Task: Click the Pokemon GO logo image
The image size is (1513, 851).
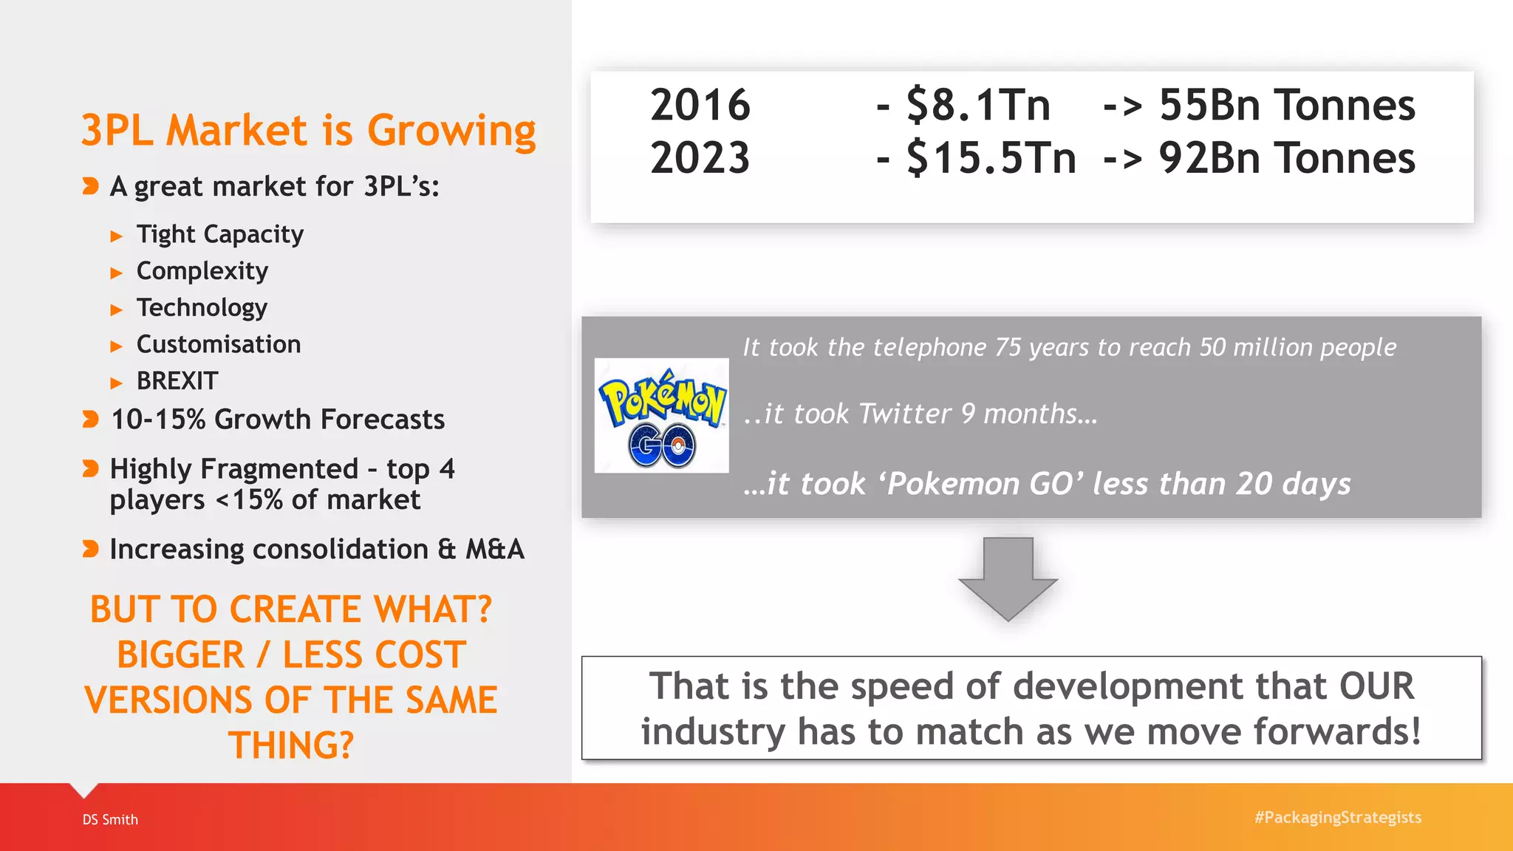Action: (661, 415)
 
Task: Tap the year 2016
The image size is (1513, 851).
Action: (700, 105)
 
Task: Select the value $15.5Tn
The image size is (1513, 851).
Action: (991, 158)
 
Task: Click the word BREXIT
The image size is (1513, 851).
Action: (177, 381)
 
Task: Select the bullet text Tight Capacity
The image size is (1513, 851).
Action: (219, 234)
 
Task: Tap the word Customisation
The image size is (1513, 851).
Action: (219, 344)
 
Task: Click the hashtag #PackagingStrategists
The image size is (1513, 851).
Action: (1337, 817)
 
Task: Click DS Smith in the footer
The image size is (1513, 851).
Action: (110, 819)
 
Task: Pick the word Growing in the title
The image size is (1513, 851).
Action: (451, 131)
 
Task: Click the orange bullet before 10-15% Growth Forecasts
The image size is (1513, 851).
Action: (90, 420)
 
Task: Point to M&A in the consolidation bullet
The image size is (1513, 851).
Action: (494, 549)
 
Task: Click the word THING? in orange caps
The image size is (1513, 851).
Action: (291, 745)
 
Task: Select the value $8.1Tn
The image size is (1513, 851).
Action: (978, 105)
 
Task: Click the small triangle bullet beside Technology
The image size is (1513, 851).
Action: (116, 310)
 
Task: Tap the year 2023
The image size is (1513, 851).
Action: (700, 158)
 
